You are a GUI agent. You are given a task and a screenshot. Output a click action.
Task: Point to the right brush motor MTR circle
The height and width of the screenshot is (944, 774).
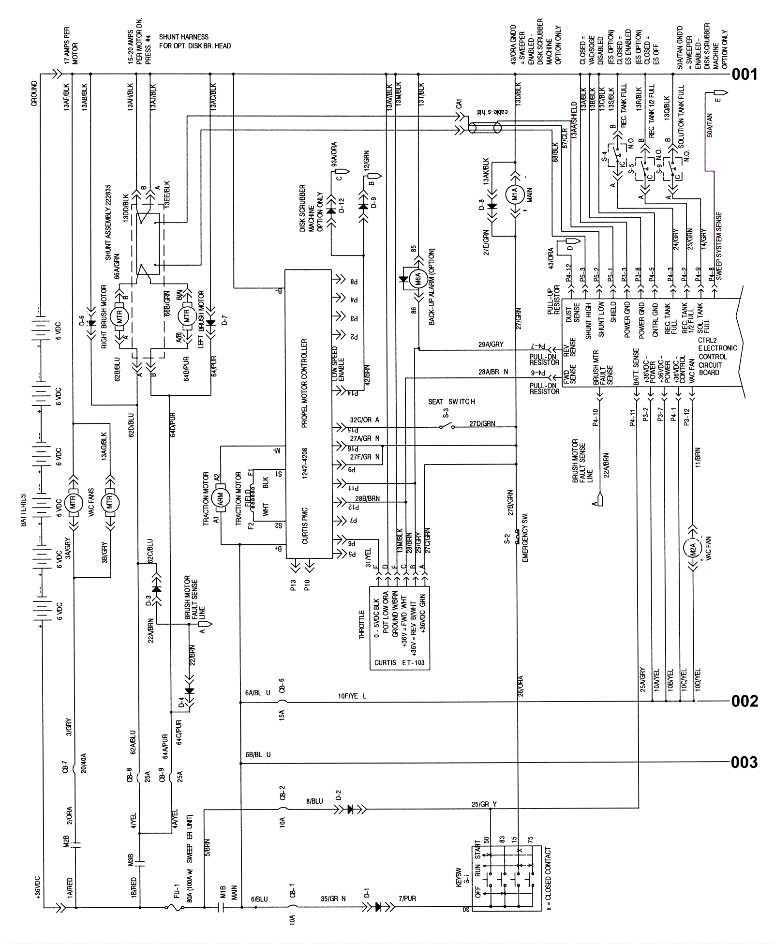pyautogui.click(x=119, y=317)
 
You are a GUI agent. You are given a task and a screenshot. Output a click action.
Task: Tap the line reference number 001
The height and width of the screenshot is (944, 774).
pyautogui.click(x=744, y=75)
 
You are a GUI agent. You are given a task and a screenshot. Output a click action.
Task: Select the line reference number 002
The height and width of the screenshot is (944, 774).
pyautogui.click(x=744, y=701)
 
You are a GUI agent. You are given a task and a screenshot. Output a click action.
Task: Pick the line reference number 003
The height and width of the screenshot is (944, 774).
pyautogui.click(x=744, y=763)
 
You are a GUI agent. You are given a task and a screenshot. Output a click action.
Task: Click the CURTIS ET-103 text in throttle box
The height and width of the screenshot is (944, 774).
pyautogui.click(x=399, y=662)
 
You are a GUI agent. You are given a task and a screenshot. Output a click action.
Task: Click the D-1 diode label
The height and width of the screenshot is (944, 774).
pyautogui.click(x=367, y=892)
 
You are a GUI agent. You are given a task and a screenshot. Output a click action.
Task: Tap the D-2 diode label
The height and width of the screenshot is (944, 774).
pyautogui.click(x=339, y=795)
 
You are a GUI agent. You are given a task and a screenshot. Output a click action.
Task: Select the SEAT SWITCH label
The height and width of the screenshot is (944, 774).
pyautogui.click(x=451, y=402)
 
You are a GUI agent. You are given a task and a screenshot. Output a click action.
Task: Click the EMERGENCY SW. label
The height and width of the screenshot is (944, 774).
pyautogui.click(x=525, y=538)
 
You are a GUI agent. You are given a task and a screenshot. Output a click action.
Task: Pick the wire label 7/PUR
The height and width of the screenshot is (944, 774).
pyautogui.click(x=407, y=899)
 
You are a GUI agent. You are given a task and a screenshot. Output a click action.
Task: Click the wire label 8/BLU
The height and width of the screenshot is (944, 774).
pyautogui.click(x=314, y=801)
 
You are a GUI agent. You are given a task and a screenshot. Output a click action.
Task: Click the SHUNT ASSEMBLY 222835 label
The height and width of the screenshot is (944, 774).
pyautogui.click(x=108, y=222)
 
